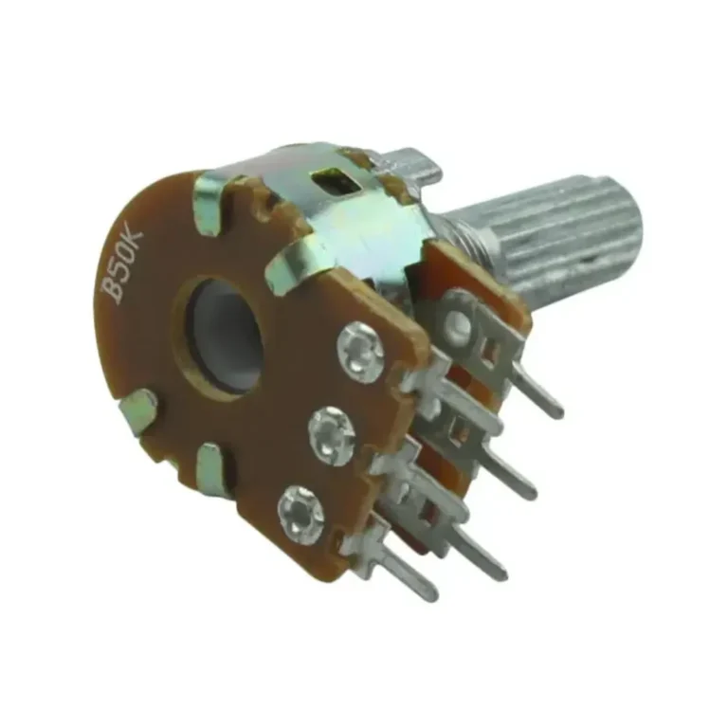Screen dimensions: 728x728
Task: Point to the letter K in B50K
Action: click(134, 242)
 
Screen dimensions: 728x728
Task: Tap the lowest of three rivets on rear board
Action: click(301, 514)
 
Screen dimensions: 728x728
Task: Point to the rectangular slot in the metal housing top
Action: click(336, 181)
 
